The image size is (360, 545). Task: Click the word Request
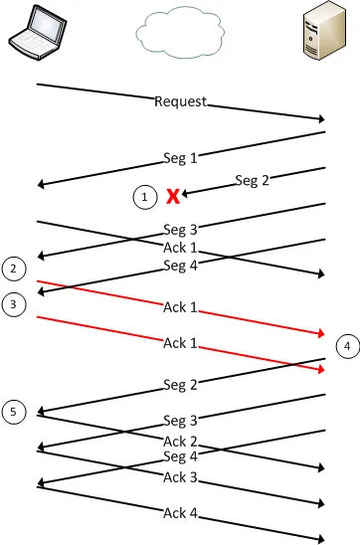click(181, 101)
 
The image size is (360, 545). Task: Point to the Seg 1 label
click(181, 157)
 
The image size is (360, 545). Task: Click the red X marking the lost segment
click(173, 196)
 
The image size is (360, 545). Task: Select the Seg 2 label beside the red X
click(253, 180)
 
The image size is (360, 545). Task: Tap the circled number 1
click(145, 198)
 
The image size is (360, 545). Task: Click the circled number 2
click(14, 269)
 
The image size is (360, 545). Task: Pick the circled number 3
click(14, 305)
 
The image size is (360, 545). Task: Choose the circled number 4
click(346, 346)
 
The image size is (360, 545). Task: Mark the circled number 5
click(14, 411)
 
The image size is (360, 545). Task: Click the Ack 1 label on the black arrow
click(180, 248)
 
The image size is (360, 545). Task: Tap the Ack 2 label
click(180, 441)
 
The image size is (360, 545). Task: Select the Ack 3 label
click(180, 477)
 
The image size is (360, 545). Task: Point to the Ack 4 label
click(180, 513)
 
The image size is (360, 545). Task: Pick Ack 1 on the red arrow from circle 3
click(180, 343)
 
